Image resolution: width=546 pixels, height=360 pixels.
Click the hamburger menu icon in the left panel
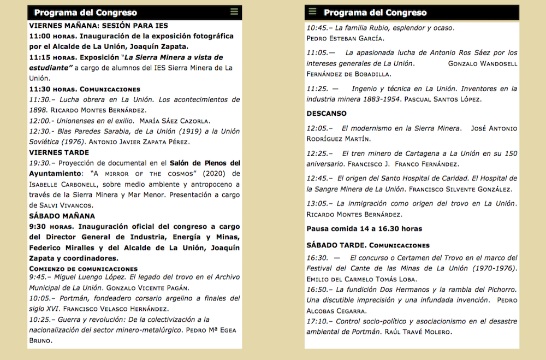tap(234, 12)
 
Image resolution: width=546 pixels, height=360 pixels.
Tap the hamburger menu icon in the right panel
tap(312, 11)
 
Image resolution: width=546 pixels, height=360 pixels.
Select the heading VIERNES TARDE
tap(59, 152)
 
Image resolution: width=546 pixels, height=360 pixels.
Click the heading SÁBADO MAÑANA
tap(62, 216)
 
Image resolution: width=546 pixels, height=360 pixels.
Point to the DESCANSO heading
tap(327, 114)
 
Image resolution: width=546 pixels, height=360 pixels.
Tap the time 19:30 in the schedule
tap(39, 163)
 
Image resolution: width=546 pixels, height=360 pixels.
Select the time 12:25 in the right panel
tap(317, 154)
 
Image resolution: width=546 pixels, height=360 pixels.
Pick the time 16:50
tap(317, 290)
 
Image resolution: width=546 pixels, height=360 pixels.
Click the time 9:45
tap(39, 277)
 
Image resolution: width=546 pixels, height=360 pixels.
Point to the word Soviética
tap(47, 142)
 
